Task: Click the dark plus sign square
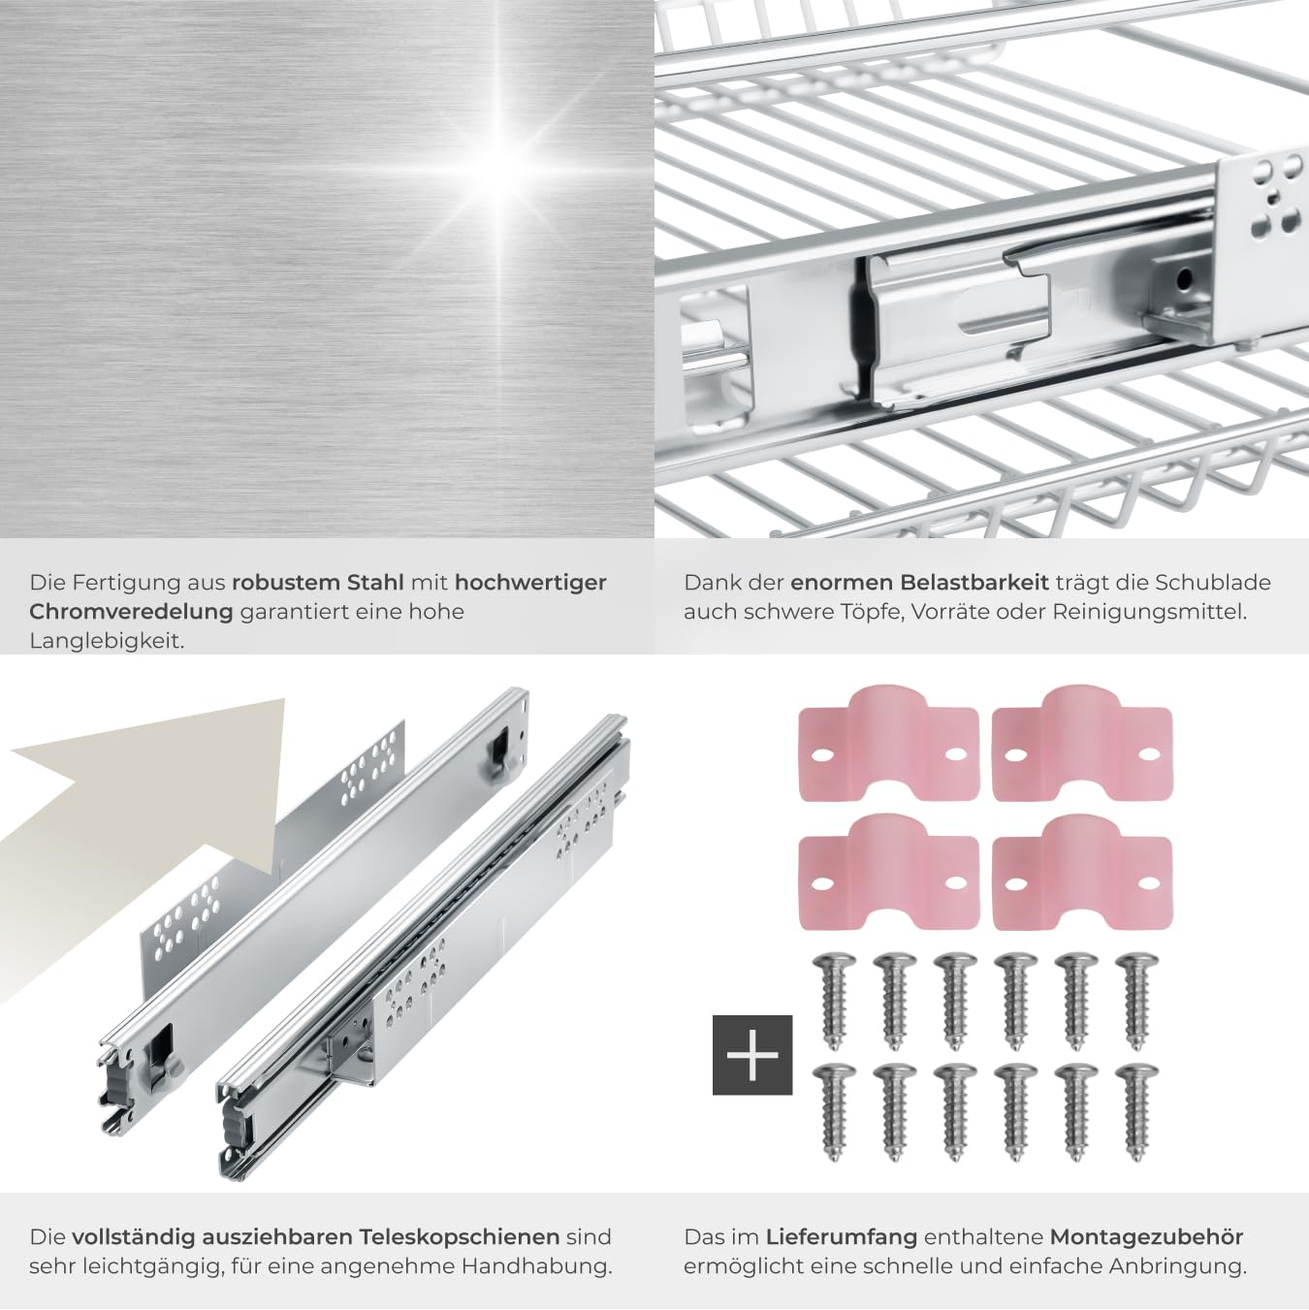752,1054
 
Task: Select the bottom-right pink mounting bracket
1082,872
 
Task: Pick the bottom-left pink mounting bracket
888,872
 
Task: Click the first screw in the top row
834,1001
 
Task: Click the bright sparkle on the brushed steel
499,169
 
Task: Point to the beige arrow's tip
283,699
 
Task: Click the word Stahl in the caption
375,583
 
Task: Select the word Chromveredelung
131,612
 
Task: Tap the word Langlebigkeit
107,641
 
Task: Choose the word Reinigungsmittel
1150,612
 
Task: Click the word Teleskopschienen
459,1236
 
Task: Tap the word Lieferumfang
842,1236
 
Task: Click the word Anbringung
1178,1266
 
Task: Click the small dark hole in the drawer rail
1184,276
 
